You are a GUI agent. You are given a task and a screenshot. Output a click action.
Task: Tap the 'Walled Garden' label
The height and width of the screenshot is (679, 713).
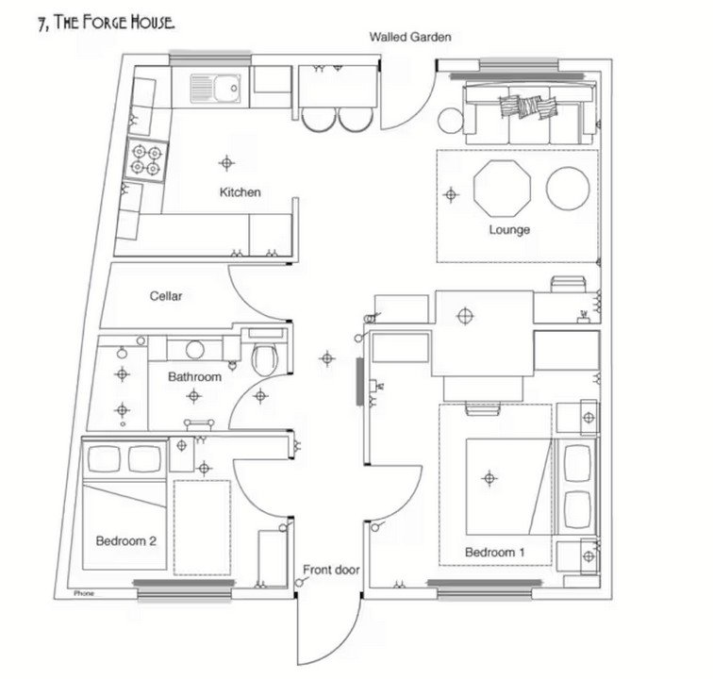click(x=410, y=38)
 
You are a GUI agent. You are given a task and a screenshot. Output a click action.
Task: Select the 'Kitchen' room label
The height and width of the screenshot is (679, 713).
click(x=240, y=192)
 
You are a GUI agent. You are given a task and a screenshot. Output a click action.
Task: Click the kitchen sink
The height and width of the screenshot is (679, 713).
click(x=217, y=89)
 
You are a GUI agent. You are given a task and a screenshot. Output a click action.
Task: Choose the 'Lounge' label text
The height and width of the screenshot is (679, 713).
click(x=509, y=230)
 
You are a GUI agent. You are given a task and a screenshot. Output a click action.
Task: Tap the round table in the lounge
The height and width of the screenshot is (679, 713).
click(x=567, y=187)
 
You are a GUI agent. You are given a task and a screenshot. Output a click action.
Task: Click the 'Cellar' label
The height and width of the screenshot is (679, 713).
click(x=166, y=296)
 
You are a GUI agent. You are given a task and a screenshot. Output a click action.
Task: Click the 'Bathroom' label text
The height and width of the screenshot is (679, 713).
click(x=194, y=377)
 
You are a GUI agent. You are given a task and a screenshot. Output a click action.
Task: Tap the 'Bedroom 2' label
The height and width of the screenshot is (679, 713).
click(x=125, y=541)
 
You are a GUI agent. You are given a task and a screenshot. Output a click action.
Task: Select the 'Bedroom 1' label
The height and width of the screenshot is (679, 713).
click(x=494, y=552)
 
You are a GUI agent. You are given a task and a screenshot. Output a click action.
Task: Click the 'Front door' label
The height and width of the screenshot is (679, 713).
click(x=331, y=570)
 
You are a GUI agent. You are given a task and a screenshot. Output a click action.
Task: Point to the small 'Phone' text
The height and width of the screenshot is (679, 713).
click(x=85, y=594)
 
